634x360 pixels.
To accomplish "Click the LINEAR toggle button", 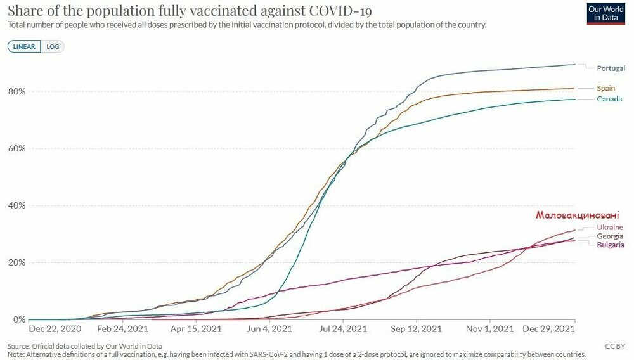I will [24, 46].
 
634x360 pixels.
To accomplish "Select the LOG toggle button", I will [53, 46].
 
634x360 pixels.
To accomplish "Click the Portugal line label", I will [611, 68].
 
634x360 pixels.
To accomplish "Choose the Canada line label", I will [609, 99].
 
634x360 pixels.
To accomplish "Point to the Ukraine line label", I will [610, 227].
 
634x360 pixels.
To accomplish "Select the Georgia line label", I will [610, 236].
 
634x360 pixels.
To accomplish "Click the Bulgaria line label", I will [611, 245].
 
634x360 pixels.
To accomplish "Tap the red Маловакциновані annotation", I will [577, 215].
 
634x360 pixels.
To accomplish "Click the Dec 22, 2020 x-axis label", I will [55, 330].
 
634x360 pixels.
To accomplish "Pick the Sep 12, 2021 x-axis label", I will [416, 330].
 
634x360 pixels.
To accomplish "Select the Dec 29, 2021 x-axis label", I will [549, 330].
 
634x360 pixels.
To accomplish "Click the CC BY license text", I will [614, 347].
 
